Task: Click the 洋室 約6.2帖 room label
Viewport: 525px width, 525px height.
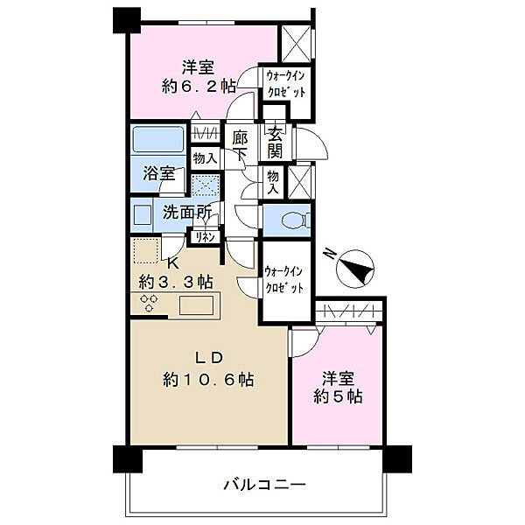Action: (x=198, y=76)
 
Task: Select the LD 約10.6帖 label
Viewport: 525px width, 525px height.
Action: (x=209, y=368)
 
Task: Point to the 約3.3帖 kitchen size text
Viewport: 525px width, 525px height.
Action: (x=176, y=282)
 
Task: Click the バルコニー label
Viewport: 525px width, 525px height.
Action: (x=262, y=484)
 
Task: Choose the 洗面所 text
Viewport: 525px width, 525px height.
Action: (x=186, y=212)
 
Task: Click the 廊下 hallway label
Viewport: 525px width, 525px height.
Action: (x=240, y=146)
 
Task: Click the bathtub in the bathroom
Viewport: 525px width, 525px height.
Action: (x=157, y=140)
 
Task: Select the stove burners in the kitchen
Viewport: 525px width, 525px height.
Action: (x=150, y=304)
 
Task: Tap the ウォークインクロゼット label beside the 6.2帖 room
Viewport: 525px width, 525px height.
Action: (x=286, y=85)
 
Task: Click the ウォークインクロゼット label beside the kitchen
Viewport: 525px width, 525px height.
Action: (x=285, y=280)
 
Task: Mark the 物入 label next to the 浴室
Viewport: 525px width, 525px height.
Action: (x=204, y=159)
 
